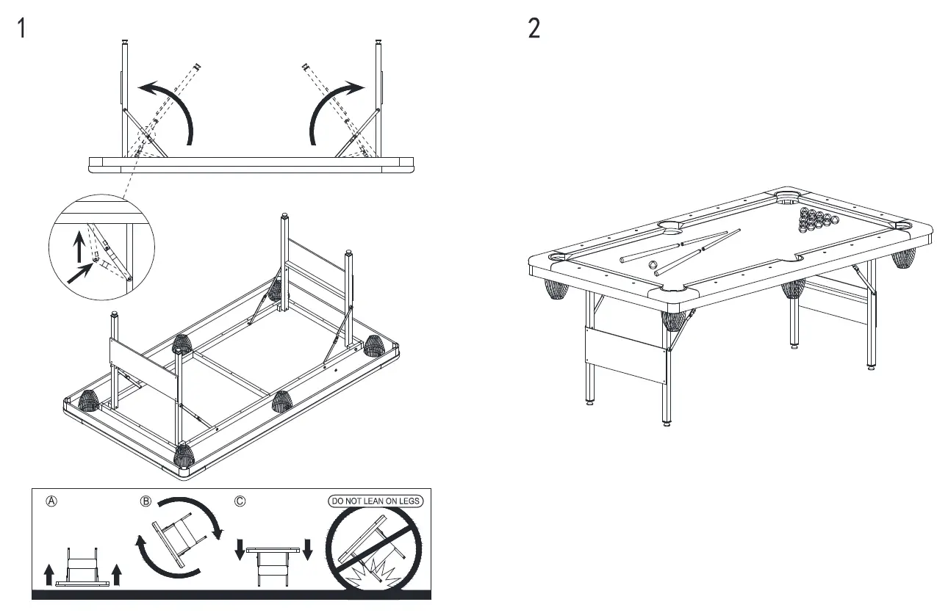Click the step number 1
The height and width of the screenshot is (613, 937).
click(23, 29)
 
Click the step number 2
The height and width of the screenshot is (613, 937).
click(534, 29)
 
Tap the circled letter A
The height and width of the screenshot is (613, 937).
click(51, 501)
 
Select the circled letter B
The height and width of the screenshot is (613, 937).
click(146, 501)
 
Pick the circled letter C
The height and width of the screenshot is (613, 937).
click(240, 501)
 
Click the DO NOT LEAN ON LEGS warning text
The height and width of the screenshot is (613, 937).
click(376, 501)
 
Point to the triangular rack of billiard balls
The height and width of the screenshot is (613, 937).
click(815, 217)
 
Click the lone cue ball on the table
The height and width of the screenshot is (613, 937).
click(651, 265)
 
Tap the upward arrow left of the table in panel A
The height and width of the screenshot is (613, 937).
click(49, 575)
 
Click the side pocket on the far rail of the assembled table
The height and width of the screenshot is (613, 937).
click(674, 225)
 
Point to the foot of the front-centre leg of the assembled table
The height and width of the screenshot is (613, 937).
click(666, 421)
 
